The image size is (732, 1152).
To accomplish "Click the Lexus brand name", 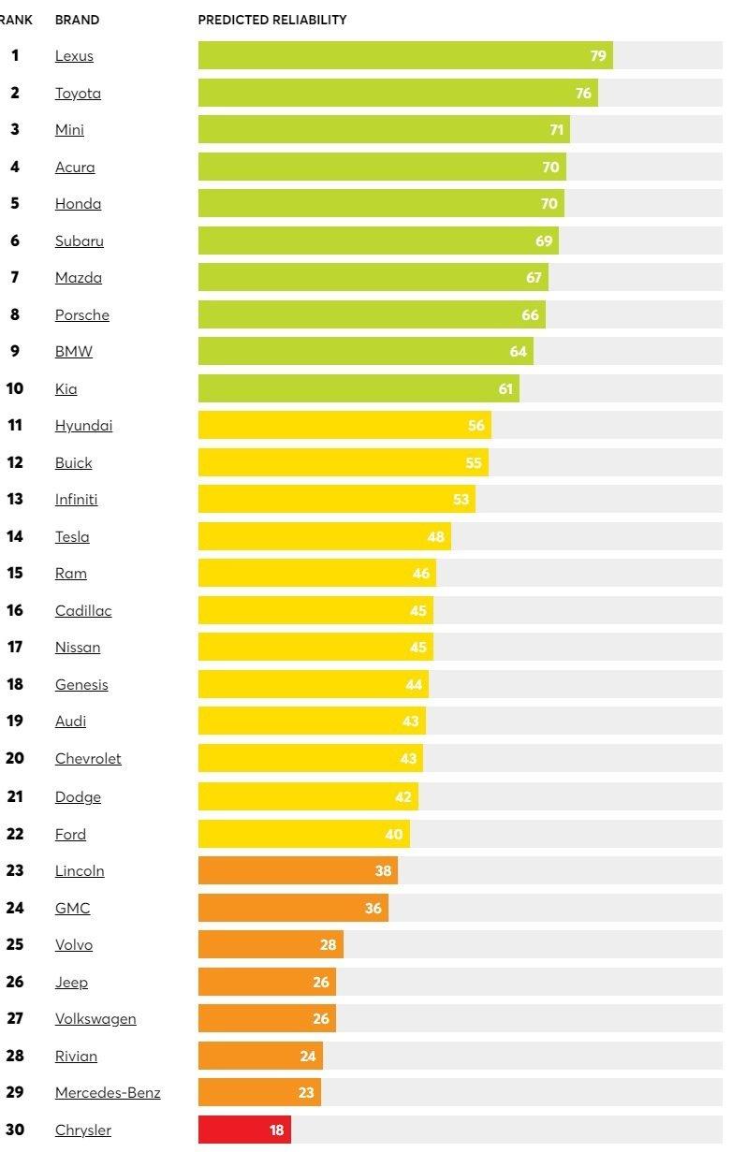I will (74, 56).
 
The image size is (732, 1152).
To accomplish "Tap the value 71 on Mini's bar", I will (556, 130).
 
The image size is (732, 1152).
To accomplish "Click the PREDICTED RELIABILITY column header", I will (272, 20).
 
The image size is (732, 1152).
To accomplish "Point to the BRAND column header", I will (77, 20).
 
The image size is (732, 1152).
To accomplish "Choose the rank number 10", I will (15, 388).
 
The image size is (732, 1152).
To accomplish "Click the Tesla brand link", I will (72, 537).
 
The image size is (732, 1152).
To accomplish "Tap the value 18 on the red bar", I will (276, 1130).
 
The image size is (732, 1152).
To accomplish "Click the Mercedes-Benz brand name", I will (108, 1093).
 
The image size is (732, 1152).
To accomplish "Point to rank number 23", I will (15, 870).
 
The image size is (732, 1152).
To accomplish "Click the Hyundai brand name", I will (83, 426).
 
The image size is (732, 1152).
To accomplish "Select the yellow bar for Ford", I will (300, 834).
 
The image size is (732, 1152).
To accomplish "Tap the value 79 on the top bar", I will (598, 56).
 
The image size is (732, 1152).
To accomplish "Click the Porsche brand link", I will (82, 315).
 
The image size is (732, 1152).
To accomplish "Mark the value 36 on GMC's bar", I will (373, 908).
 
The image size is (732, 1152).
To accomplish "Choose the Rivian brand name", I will (76, 1057).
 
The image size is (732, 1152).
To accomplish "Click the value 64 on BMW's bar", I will (518, 352).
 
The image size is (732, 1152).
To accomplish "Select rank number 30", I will (15, 1130).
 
